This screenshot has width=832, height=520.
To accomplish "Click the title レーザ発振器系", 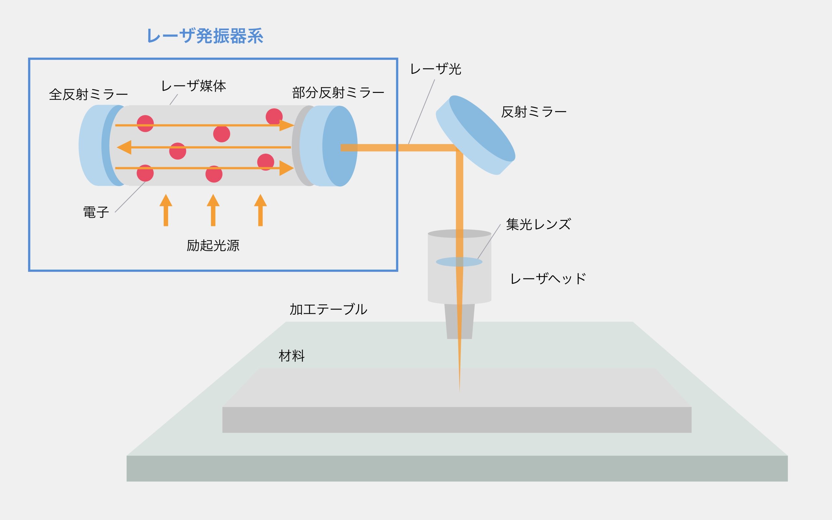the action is (205, 36).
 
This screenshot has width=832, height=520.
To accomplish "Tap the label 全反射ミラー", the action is (88, 95).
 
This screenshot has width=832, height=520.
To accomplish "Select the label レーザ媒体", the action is (193, 86).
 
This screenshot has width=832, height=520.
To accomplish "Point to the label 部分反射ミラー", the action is (338, 93).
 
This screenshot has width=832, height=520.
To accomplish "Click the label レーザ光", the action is (435, 69).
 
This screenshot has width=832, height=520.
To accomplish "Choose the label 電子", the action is (96, 212).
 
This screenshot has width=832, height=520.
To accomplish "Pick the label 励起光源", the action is (213, 246).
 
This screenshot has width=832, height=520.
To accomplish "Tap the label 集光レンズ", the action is (539, 224).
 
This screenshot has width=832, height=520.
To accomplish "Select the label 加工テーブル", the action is (328, 309).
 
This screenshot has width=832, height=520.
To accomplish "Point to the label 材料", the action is (292, 356).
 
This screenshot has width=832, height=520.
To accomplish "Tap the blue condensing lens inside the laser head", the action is (459, 262).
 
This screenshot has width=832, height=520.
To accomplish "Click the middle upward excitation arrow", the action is (213, 210).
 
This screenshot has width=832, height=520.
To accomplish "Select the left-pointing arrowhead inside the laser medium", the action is (124, 147).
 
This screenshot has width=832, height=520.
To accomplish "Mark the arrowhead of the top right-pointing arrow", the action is (287, 125).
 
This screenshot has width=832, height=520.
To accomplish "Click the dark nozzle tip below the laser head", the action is (459, 321).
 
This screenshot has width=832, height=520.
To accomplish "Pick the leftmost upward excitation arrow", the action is (166, 210).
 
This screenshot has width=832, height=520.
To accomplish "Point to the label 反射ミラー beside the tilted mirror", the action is (534, 112).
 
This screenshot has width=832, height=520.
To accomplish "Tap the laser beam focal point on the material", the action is (459, 390).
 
